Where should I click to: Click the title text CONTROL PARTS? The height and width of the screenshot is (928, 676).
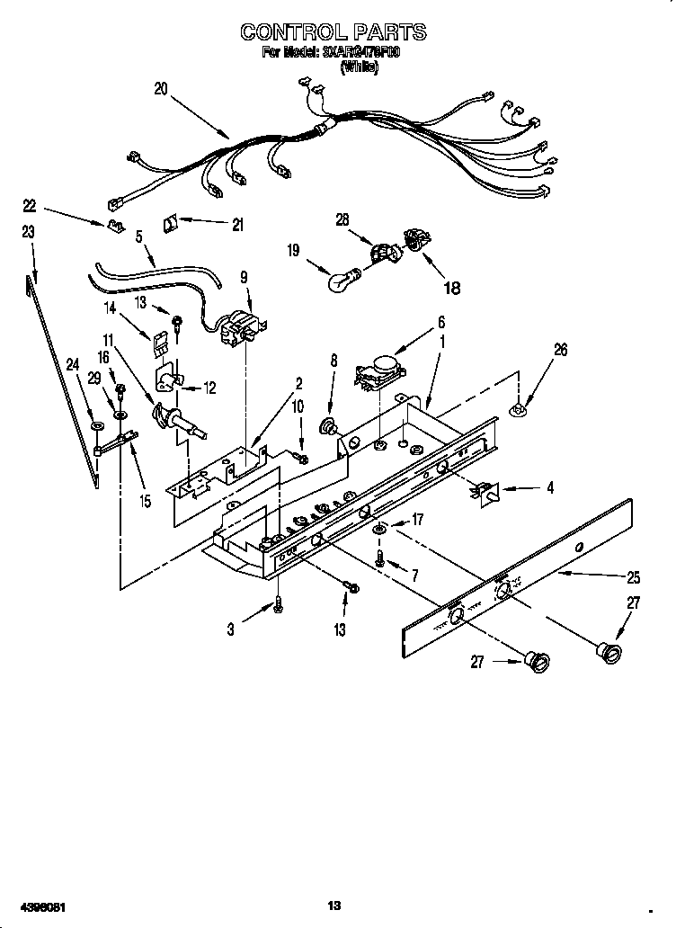[333, 31]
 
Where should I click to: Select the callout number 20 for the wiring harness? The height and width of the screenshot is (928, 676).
[161, 89]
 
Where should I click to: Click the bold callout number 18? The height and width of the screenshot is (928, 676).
[452, 289]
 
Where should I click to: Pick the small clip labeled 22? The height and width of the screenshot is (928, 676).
[114, 226]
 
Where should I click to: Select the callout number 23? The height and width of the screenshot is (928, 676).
[28, 232]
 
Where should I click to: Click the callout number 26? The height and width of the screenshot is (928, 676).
[560, 351]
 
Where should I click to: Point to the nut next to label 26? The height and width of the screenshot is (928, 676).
[520, 410]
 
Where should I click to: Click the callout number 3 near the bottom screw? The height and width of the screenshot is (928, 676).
[230, 630]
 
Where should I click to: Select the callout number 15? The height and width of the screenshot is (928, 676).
[145, 501]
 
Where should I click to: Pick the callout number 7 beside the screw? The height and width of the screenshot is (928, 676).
[414, 575]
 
